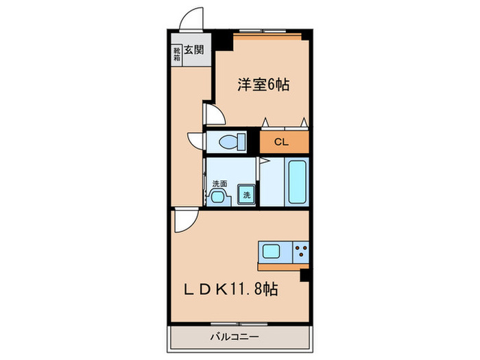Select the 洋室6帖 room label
263,86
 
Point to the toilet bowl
229,142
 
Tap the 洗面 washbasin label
219,183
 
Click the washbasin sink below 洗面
218,197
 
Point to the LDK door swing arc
184,221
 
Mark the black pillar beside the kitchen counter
305,276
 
